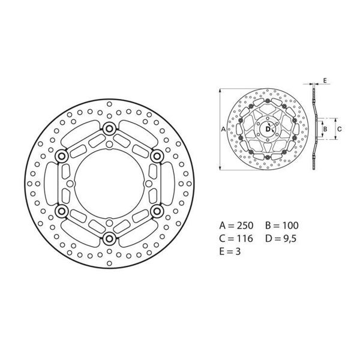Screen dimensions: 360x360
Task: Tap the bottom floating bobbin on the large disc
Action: [109, 239]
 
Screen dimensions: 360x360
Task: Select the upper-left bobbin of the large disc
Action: [61, 156]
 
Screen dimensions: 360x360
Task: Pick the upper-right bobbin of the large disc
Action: [157, 156]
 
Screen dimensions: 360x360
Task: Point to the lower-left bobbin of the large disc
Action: [61, 211]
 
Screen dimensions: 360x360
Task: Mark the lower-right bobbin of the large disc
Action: [157, 211]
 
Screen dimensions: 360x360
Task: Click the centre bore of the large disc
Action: [109, 184]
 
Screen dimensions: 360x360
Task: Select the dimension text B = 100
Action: [281, 226]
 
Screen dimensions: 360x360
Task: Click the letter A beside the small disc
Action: [223, 129]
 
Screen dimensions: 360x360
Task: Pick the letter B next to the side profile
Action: [325, 128]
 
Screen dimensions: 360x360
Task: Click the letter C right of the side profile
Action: [338, 128]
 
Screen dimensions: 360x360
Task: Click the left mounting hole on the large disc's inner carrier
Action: [71, 184]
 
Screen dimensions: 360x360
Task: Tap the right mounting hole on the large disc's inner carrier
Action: [146, 184]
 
